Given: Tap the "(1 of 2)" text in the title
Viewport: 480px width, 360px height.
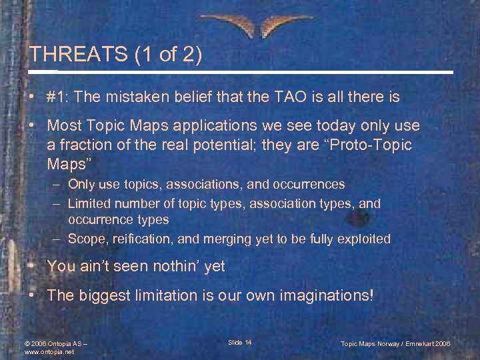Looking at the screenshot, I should click(x=166, y=55).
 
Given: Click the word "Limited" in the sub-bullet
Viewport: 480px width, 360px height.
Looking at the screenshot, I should click(x=89, y=203).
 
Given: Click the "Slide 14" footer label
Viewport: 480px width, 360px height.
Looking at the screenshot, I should click(x=239, y=343).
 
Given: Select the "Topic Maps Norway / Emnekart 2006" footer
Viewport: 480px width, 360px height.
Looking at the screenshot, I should click(x=395, y=343).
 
